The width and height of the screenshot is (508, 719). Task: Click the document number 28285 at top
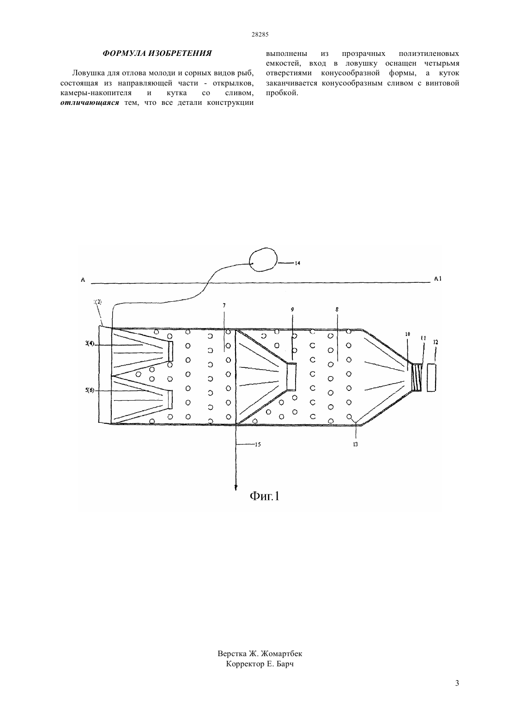click(260, 35)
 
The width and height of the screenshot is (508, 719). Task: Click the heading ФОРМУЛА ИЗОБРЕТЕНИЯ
click(157, 54)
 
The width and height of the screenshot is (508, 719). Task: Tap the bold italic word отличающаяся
click(90, 103)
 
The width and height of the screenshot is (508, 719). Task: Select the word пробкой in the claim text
click(282, 93)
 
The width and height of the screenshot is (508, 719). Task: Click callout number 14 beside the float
click(297, 263)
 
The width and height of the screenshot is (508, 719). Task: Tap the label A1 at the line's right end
click(438, 279)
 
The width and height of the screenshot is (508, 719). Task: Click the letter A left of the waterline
click(83, 280)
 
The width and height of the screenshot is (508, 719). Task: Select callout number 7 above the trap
click(224, 305)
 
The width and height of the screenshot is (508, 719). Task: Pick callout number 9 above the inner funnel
click(292, 310)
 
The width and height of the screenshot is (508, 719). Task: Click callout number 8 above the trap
click(337, 310)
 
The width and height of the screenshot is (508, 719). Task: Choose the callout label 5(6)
click(90, 390)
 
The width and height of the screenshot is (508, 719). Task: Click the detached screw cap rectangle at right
click(431, 378)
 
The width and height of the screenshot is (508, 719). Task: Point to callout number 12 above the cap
click(435, 342)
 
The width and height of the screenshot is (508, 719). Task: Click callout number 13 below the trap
click(355, 444)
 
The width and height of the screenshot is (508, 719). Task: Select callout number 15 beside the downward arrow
click(258, 444)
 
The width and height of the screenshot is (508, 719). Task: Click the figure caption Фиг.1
click(265, 496)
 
